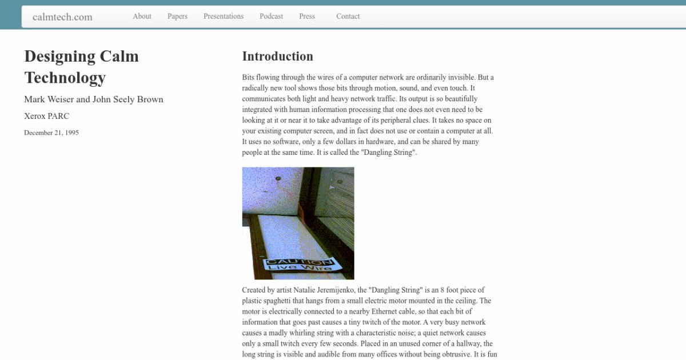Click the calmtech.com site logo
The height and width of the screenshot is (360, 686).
[x=62, y=17]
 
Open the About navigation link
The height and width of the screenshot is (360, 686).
[x=142, y=16]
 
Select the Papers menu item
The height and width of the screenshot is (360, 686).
[x=177, y=16]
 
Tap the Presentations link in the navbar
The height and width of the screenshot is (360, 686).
[x=224, y=16]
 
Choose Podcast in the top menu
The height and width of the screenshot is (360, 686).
[x=271, y=16]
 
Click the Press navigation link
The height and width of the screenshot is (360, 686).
[x=307, y=16]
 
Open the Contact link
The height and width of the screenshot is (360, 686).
[x=348, y=16]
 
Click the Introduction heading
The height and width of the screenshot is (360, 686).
[x=277, y=56]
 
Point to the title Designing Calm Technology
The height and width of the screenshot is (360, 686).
[x=81, y=67]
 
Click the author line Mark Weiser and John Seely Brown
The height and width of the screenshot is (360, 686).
[x=94, y=99]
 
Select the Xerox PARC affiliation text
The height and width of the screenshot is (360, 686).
[x=47, y=116]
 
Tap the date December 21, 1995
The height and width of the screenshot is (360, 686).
[x=51, y=133]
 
